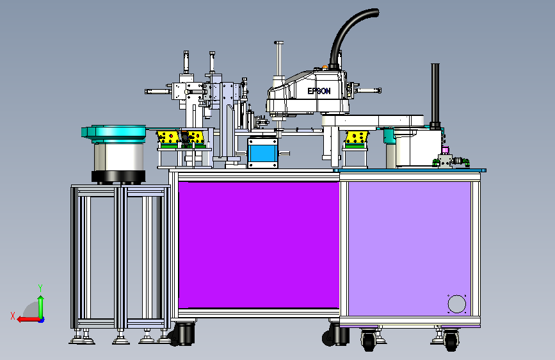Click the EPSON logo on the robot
pos(319,91)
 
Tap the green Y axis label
pos(40,288)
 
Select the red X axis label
pos(13,316)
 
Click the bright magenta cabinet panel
pos(259,245)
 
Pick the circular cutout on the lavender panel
pos(456,304)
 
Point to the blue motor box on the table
pos(262,152)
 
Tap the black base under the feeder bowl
pos(118,177)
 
